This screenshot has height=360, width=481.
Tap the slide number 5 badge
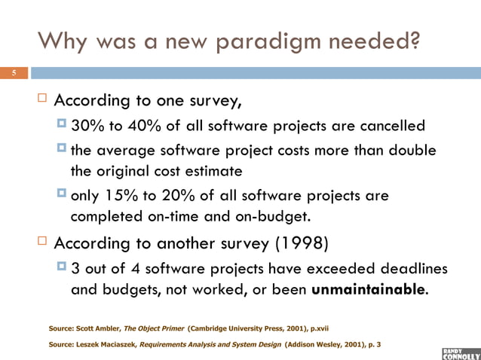[13, 74]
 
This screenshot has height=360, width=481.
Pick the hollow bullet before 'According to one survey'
[42, 100]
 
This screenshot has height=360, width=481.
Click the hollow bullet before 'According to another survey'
[42, 245]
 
